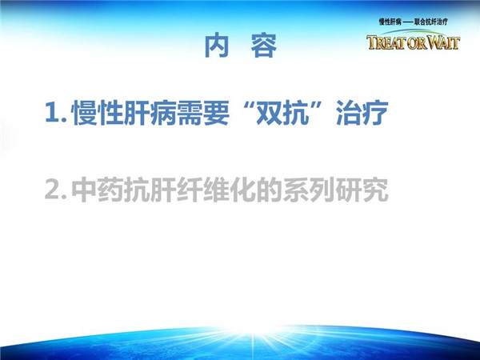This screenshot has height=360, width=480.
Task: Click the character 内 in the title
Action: pyautogui.click(x=217, y=46)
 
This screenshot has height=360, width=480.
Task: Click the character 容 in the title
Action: pyautogui.click(x=264, y=46)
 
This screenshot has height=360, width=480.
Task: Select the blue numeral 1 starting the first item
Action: pyautogui.click(x=52, y=113)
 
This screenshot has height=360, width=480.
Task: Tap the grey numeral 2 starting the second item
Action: pyautogui.click(x=52, y=190)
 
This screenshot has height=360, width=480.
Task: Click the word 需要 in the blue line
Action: pyautogui.click(x=203, y=113)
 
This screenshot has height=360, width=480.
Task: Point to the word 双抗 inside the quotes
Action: pyautogui.click(x=282, y=113)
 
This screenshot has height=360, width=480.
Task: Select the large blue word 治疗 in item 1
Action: pyautogui.click(x=362, y=113)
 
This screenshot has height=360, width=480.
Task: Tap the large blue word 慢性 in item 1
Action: pyautogui.click(x=98, y=113)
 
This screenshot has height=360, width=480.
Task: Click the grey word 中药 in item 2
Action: pyautogui.click(x=98, y=190)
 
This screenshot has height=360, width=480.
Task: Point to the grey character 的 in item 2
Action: pyautogui.click(x=270, y=190)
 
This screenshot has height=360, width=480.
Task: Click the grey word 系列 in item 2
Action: pyautogui.click(x=309, y=190)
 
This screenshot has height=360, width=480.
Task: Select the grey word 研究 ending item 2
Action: pyautogui.click(x=362, y=190)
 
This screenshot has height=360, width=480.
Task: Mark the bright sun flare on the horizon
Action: pyautogui.click(x=253, y=333)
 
